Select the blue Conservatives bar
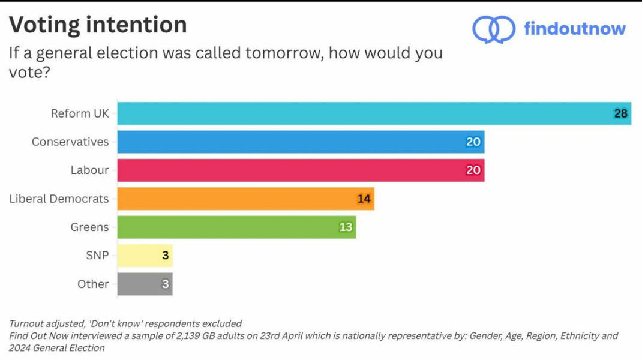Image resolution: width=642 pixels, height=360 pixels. tap(300, 142)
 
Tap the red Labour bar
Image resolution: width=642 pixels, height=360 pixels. tap(300, 170)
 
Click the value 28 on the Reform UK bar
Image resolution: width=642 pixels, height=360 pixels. tap(620, 113)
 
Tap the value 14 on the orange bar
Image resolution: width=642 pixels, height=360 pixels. tap(364, 199)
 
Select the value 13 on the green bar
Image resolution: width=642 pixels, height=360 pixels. tap(346, 227)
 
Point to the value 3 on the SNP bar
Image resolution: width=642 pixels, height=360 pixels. tap(165, 256)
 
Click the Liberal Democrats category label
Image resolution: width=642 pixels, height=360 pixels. tap(59, 199)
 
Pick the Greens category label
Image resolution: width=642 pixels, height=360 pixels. tap(89, 227)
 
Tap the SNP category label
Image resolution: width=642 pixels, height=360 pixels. tap(97, 256)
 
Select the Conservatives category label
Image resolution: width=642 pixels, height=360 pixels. tap(70, 142)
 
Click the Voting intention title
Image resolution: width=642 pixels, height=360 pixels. tap(98, 25)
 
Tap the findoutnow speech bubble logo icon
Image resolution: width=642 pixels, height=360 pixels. tap(493, 29)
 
